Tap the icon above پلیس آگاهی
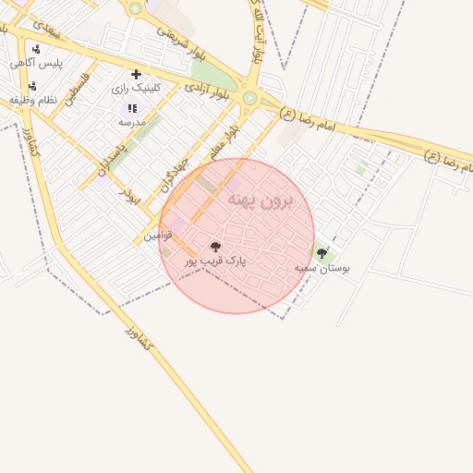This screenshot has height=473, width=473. [x=35, y=50]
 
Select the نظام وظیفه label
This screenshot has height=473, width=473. [x=33, y=99]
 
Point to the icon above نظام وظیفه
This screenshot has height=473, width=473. [x=32, y=86]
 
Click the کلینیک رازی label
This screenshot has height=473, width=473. [x=136, y=88]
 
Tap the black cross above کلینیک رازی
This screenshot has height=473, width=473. [x=137, y=74]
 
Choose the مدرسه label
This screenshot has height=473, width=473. [x=132, y=121]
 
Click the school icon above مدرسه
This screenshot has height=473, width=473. [x=131, y=108]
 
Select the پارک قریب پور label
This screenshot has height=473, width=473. [x=216, y=261]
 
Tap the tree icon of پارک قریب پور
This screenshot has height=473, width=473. [x=216, y=248]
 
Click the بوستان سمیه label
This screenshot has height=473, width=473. [x=322, y=267]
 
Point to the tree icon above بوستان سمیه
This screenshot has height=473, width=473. [x=321, y=253]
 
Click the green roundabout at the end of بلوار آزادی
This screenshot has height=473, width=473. [x=249, y=97]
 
